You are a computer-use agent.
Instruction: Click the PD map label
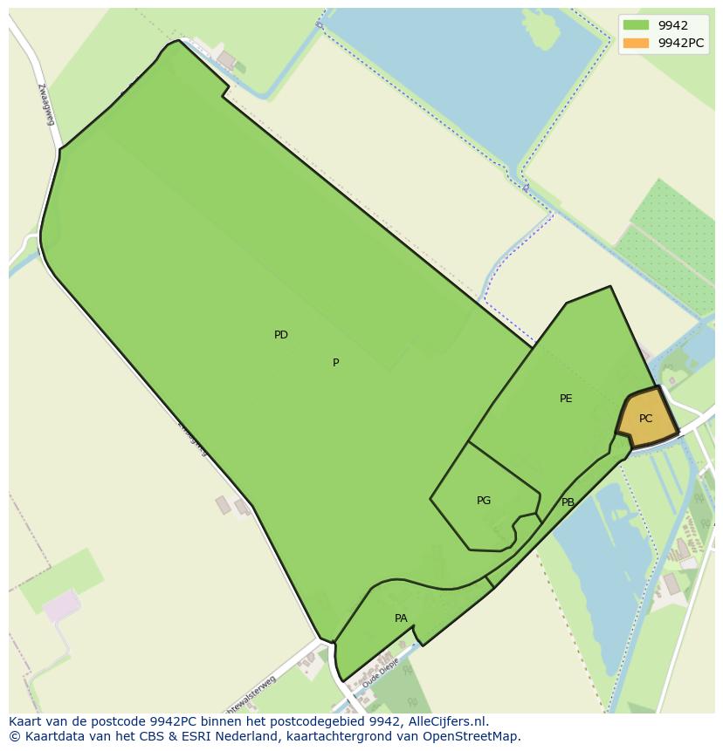(280, 335)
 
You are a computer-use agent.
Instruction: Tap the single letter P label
(335, 363)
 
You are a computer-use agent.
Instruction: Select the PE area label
(566, 399)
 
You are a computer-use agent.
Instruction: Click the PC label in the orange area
(645, 419)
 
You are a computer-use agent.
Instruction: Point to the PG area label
(484, 501)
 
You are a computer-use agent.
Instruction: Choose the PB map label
(568, 502)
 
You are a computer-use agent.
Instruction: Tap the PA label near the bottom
(401, 618)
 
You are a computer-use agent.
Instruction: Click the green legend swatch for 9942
(636, 25)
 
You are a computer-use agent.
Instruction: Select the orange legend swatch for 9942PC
(636, 43)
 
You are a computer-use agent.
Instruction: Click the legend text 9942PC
(681, 43)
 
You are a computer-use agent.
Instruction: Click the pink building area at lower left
(61, 604)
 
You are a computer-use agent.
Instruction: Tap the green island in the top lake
(542, 31)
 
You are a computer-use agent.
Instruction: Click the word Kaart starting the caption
(25, 721)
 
